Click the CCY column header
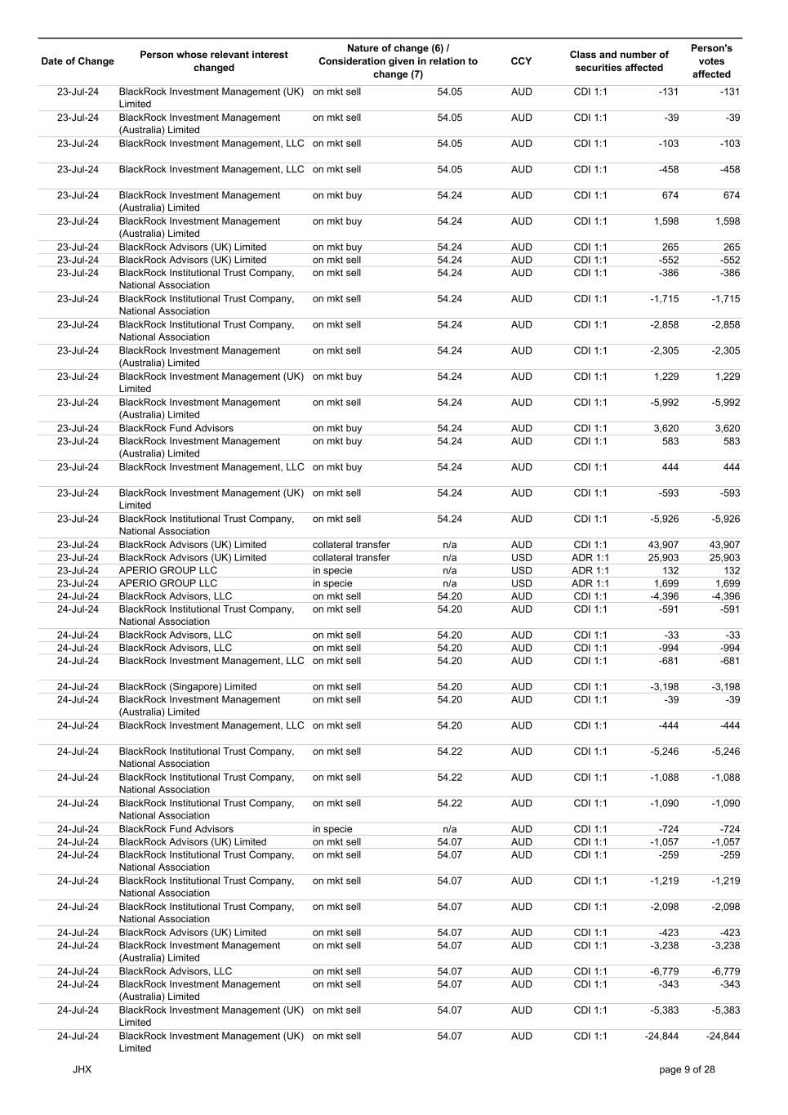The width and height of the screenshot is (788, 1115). pos(520,61)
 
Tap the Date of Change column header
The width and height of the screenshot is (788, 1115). pos(78,61)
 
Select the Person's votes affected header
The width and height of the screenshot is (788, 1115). pos(711,61)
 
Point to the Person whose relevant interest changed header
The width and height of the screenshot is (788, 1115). pos(214,61)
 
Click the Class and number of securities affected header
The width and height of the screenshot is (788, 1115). pos(619,61)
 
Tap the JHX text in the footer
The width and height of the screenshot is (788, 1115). pos(82,1069)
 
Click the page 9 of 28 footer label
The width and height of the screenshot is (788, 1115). pos(687,1069)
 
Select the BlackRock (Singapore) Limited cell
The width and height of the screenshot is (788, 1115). pos(188,687)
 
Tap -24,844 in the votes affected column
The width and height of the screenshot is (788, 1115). pos(723,1037)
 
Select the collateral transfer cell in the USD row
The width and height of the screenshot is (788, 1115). pos(351,558)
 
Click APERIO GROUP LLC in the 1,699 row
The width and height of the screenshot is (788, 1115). pos(168,584)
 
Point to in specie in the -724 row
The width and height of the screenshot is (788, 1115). pos(332,829)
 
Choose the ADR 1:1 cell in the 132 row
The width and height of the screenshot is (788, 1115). pos(590,571)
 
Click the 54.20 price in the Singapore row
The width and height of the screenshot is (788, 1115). pos(449,687)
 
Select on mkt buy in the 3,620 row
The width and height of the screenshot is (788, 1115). pos(337,429)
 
